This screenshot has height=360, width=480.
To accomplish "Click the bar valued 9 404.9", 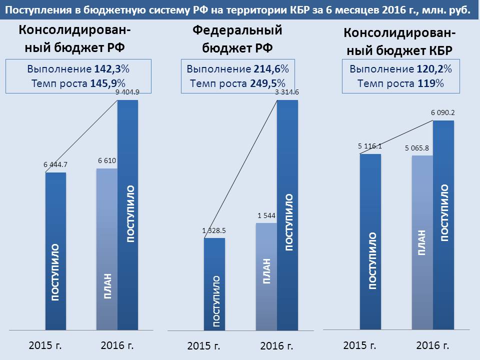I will pyautogui.click(x=127, y=215).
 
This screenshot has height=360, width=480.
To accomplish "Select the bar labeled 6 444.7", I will pyautogui.click(x=55, y=250).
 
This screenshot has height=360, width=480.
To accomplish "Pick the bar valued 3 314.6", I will pyautogui.click(x=287, y=215).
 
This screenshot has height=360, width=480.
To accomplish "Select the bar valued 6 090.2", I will pyautogui.click(x=443, y=225).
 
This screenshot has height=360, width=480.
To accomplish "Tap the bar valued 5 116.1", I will pyautogui.click(x=370, y=242).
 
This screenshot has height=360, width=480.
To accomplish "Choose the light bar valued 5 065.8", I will pyautogui.click(x=422, y=242).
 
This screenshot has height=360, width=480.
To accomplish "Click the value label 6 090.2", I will pyautogui.click(x=443, y=113).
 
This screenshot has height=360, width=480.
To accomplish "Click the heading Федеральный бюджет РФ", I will pyautogui.click(x=237, y=39).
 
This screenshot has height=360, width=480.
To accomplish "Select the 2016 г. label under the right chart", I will pyautogui.click(x=433, y=345).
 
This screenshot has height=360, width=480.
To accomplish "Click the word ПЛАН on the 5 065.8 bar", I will pyautogui.click(x=422, y=243).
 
